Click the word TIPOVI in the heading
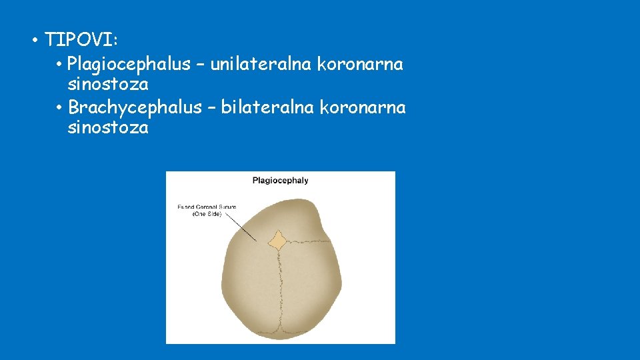tap(78, 40)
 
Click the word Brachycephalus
tap(135, 107)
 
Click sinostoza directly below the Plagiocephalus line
tap(108, 85)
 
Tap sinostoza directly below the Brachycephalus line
tap(108, 127)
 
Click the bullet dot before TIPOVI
tap(34, 41)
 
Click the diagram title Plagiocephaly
tap(280, 180)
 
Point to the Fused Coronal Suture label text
tap(207, 207)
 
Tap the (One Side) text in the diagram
tap(207, 214)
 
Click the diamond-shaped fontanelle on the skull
tap(277, 239)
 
